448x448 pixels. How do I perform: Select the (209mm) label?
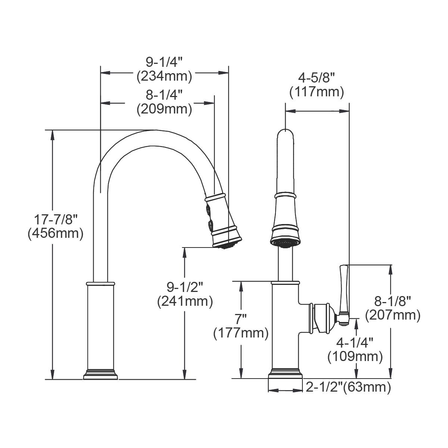coord(164,109)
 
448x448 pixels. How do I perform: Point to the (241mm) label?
coord(185,301)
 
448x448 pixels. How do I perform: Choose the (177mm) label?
coord(241,333)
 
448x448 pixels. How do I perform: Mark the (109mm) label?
coord(355,357)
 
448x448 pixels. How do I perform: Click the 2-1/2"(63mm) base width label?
coord(348,388)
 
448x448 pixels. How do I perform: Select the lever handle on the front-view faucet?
coord(343,291)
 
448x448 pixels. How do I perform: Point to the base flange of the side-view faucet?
coord(100,374)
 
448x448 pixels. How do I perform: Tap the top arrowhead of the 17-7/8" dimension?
coord(53,134)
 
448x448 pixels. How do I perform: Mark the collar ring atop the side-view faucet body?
coord(100,284)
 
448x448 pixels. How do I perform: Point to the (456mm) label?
coord(55,234)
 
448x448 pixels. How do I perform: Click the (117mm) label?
coord(317,92)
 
